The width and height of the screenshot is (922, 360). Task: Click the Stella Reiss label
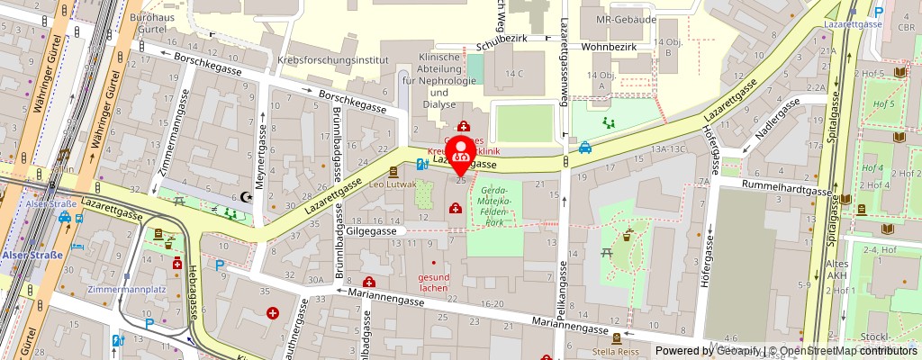[617, 352]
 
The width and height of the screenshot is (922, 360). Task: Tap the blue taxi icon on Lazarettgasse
[585, 148]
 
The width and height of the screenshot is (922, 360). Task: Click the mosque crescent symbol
[248, 196]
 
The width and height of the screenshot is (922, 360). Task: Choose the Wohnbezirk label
[608, 40]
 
